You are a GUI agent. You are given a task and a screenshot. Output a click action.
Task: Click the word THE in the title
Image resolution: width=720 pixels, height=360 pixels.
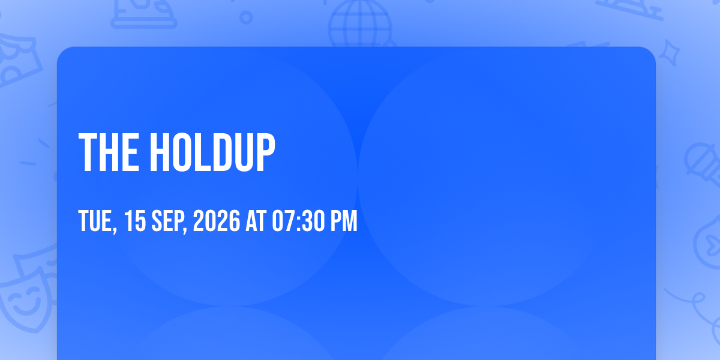[109, 152]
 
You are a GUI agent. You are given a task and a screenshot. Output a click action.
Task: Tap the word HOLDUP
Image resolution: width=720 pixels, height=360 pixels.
[212, 152]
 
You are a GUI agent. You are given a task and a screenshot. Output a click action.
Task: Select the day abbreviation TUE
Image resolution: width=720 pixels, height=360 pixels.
[97, 221]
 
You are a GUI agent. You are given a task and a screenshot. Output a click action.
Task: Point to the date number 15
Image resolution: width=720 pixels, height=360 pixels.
[135, 221]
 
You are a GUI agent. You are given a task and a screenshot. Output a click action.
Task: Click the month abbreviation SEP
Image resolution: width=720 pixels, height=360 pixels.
[169, 221]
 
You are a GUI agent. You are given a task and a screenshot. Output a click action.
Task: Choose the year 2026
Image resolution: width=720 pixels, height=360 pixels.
[217, 221]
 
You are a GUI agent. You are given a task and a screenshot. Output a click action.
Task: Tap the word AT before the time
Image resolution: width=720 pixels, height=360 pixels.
[256, 221]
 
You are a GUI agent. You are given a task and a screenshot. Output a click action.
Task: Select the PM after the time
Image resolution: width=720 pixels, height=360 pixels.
[344, 221]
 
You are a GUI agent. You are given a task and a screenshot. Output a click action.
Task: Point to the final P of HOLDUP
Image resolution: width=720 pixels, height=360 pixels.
[266, 152]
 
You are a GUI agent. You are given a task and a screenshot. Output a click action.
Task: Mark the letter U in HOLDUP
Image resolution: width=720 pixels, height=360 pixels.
[244, 152]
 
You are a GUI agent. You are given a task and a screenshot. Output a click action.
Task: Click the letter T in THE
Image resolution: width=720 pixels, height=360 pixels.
[88, 152]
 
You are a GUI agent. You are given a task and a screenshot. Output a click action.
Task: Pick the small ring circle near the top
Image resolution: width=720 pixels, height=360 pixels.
[246, 17]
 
